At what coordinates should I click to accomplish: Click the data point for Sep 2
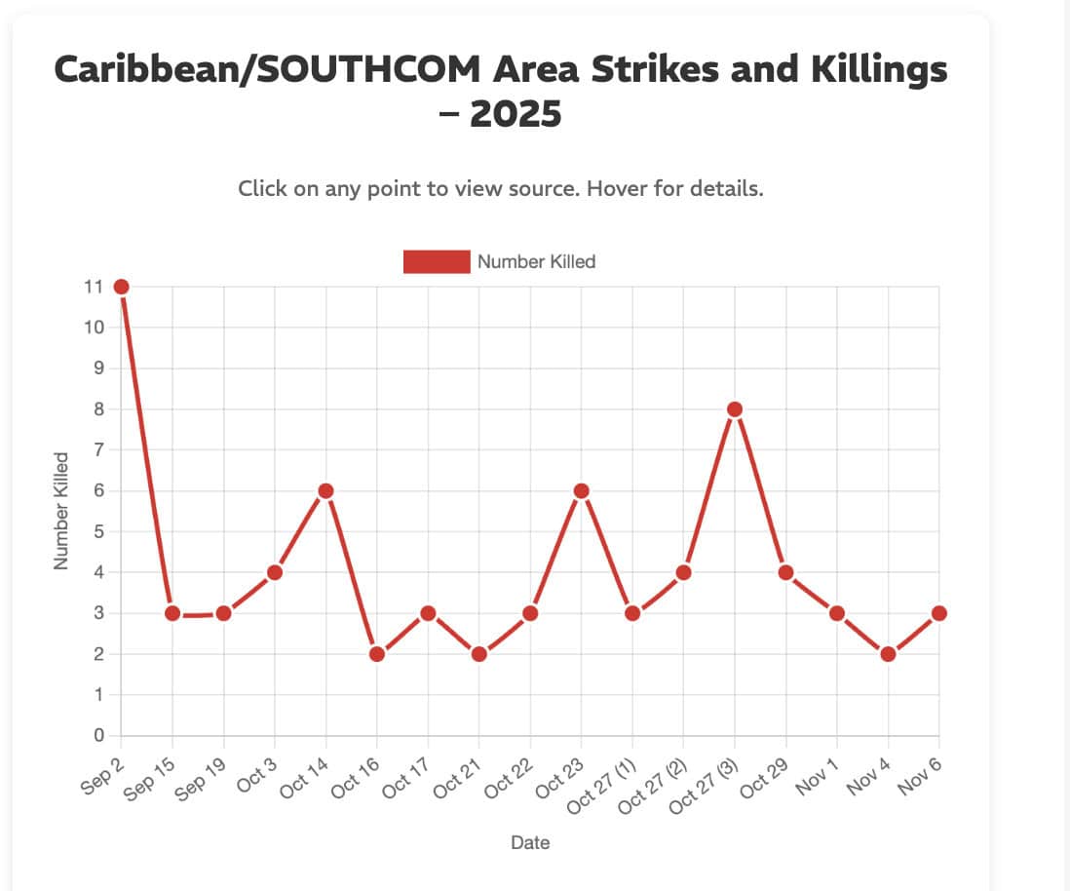[x=122, y=287]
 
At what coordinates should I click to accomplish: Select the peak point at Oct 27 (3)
[x=735, y=409]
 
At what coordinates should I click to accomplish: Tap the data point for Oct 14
[x=326, y=490]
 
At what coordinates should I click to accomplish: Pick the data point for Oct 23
[x=582, y=490]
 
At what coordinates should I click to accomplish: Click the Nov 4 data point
[x=888, y=654]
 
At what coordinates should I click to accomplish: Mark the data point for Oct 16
[x=377, y=654]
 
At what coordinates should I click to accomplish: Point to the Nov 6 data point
[x=938, y=613]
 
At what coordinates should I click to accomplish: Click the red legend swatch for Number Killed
[x=437, y=261]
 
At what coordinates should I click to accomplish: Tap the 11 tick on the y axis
[x=94, y=287]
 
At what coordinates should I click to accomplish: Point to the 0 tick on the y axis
[x=97, y=736]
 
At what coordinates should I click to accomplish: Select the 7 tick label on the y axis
[x=97, y=450]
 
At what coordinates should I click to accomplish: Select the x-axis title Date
[x=530, y=842]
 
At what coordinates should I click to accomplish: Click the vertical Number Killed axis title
[x=61, y=511]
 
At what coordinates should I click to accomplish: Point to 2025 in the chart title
[x=516, y=114]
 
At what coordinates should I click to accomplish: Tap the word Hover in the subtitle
[x=619, y=188]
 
